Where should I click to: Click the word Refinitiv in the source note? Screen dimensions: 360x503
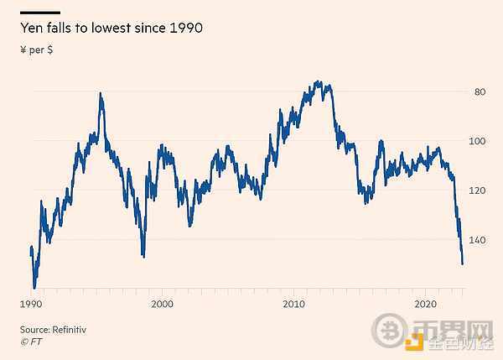70,330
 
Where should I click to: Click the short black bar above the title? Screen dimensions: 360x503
40,12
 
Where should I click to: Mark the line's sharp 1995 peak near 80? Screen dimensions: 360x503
101,94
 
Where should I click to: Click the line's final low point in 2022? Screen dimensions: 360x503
463,263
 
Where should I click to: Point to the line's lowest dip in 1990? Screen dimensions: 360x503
34,287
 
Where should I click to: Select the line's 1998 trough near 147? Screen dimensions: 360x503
143,256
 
